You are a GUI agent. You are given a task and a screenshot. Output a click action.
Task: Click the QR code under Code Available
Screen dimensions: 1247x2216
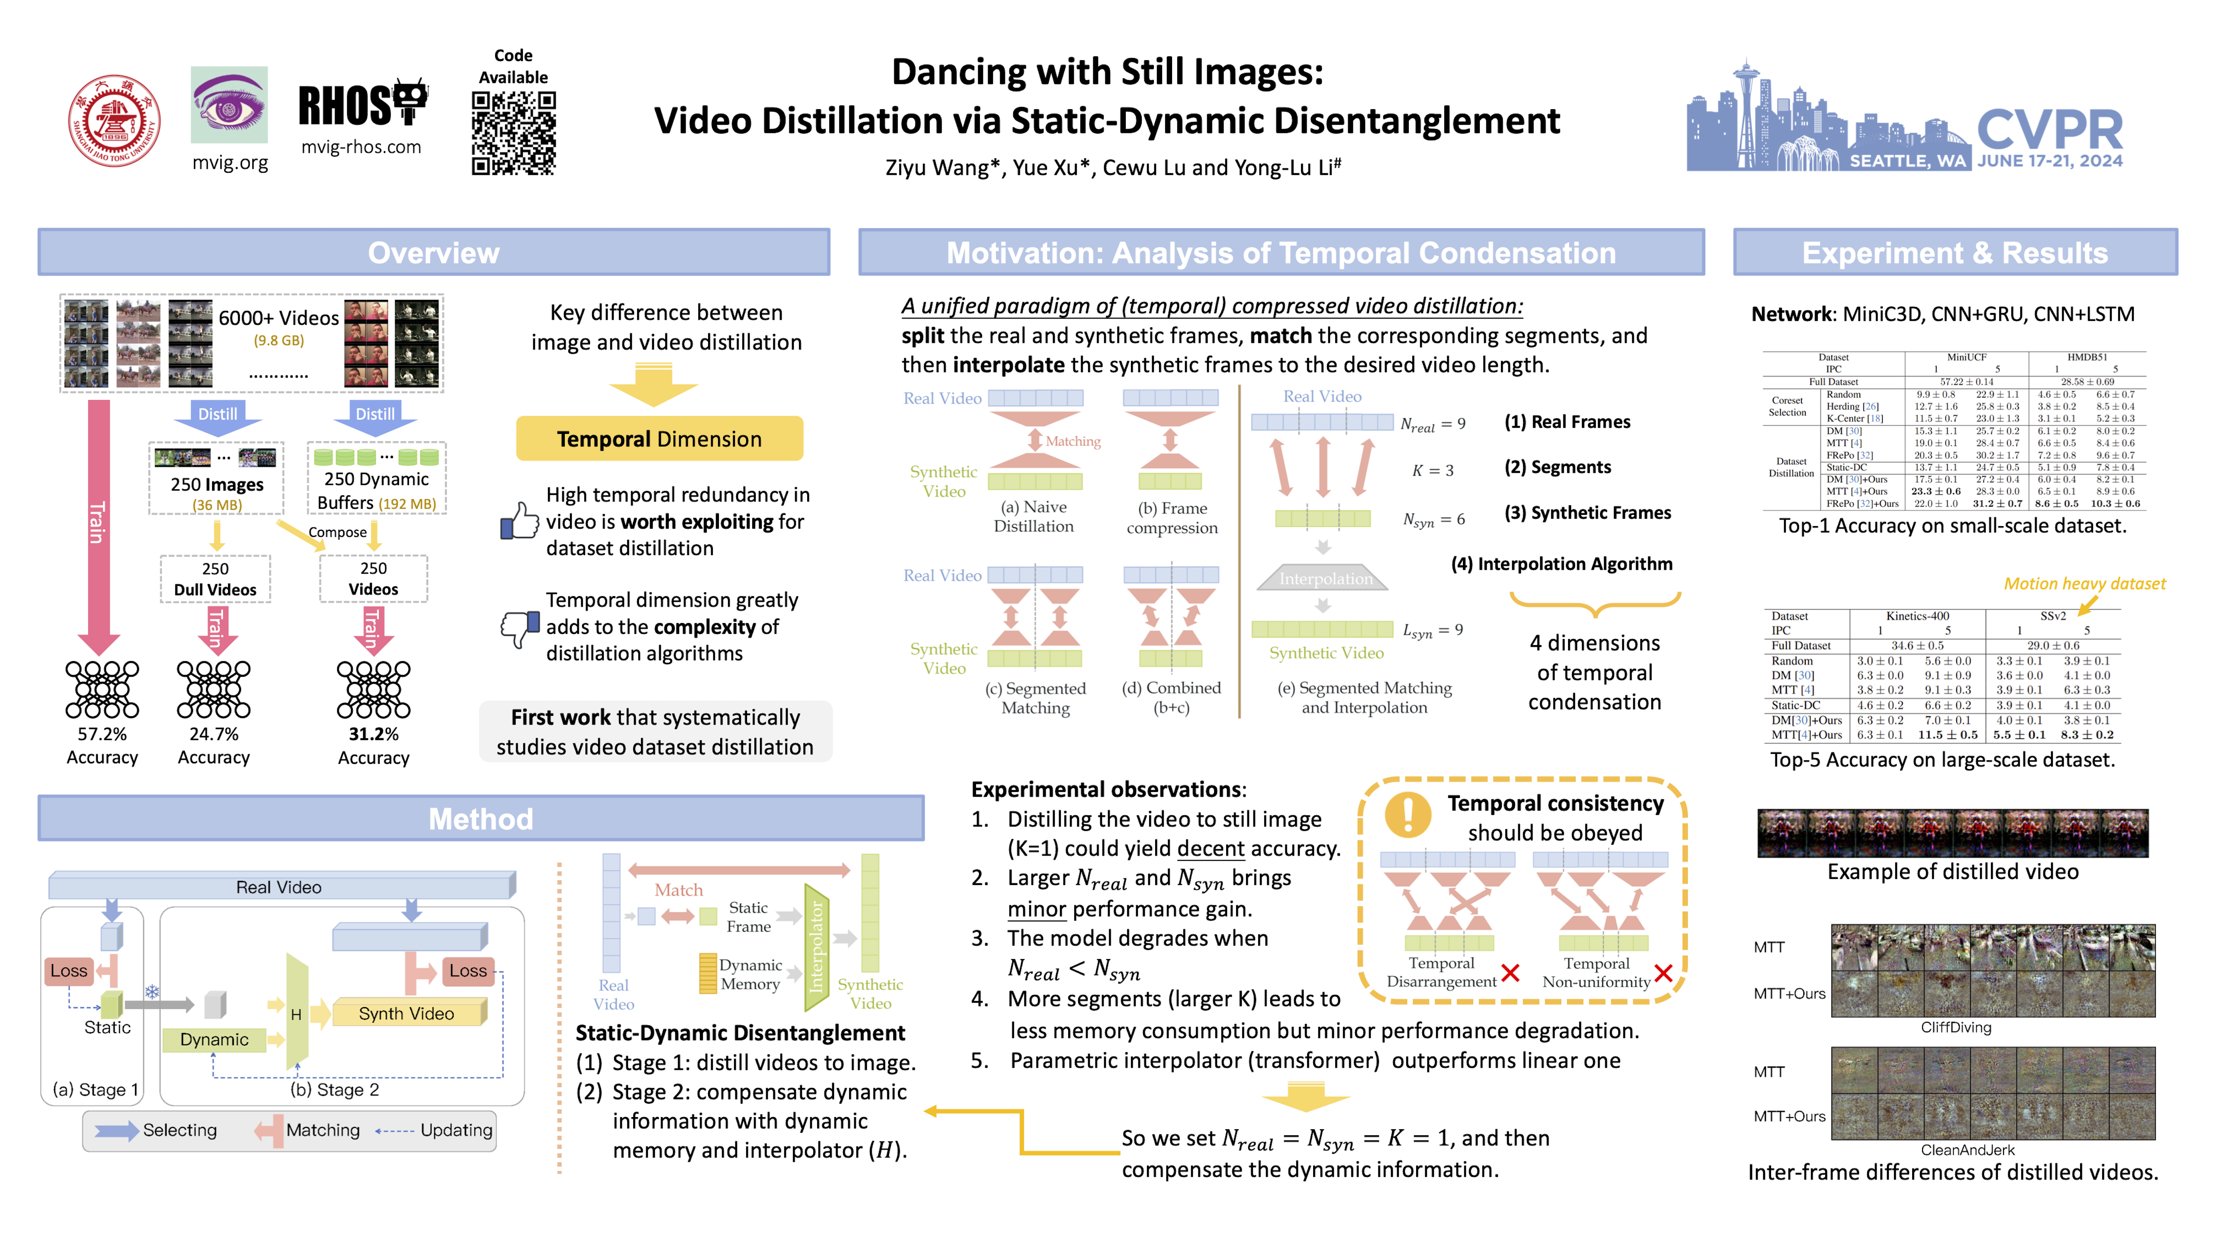[514, 133]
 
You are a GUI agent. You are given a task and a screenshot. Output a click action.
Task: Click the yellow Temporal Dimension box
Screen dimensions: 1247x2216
[659, 439]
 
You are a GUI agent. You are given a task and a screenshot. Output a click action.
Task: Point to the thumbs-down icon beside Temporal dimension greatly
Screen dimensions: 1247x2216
[519, 627]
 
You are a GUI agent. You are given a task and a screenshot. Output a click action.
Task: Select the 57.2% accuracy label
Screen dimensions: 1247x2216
[103, 734]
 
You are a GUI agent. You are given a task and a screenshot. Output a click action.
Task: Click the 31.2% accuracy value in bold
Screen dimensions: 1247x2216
[374, 734]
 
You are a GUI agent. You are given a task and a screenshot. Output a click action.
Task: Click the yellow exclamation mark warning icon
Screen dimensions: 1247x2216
[1408, 813]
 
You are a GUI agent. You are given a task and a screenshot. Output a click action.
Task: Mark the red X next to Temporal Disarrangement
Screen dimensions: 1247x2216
[1510, 973]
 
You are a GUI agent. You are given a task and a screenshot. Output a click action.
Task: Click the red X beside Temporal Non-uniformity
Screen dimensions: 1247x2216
[1663, 973]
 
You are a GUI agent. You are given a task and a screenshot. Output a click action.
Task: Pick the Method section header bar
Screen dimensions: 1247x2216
[481, 818]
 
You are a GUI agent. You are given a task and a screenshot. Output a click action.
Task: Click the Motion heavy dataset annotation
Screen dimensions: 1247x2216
[2084, 584]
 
